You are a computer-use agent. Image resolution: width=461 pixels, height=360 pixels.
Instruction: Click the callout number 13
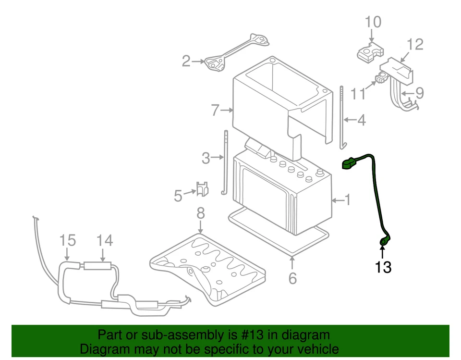tap(383, 267)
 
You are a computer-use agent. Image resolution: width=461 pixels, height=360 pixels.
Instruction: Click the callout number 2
tap(186, 61)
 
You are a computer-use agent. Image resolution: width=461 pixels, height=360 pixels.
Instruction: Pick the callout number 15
tap(68, 240)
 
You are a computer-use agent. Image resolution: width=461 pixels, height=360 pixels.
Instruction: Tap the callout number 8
tap(200, 212)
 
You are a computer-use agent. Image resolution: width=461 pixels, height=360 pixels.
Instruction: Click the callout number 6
tap(292, 278)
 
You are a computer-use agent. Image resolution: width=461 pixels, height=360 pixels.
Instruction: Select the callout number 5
tap(178, 195)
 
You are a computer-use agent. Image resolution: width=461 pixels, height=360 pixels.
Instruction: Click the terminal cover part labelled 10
tap(371, 52)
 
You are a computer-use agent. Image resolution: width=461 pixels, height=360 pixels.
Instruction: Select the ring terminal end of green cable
tap(385, 241)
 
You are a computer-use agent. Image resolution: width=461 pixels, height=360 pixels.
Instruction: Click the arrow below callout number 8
tap(200, 226)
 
